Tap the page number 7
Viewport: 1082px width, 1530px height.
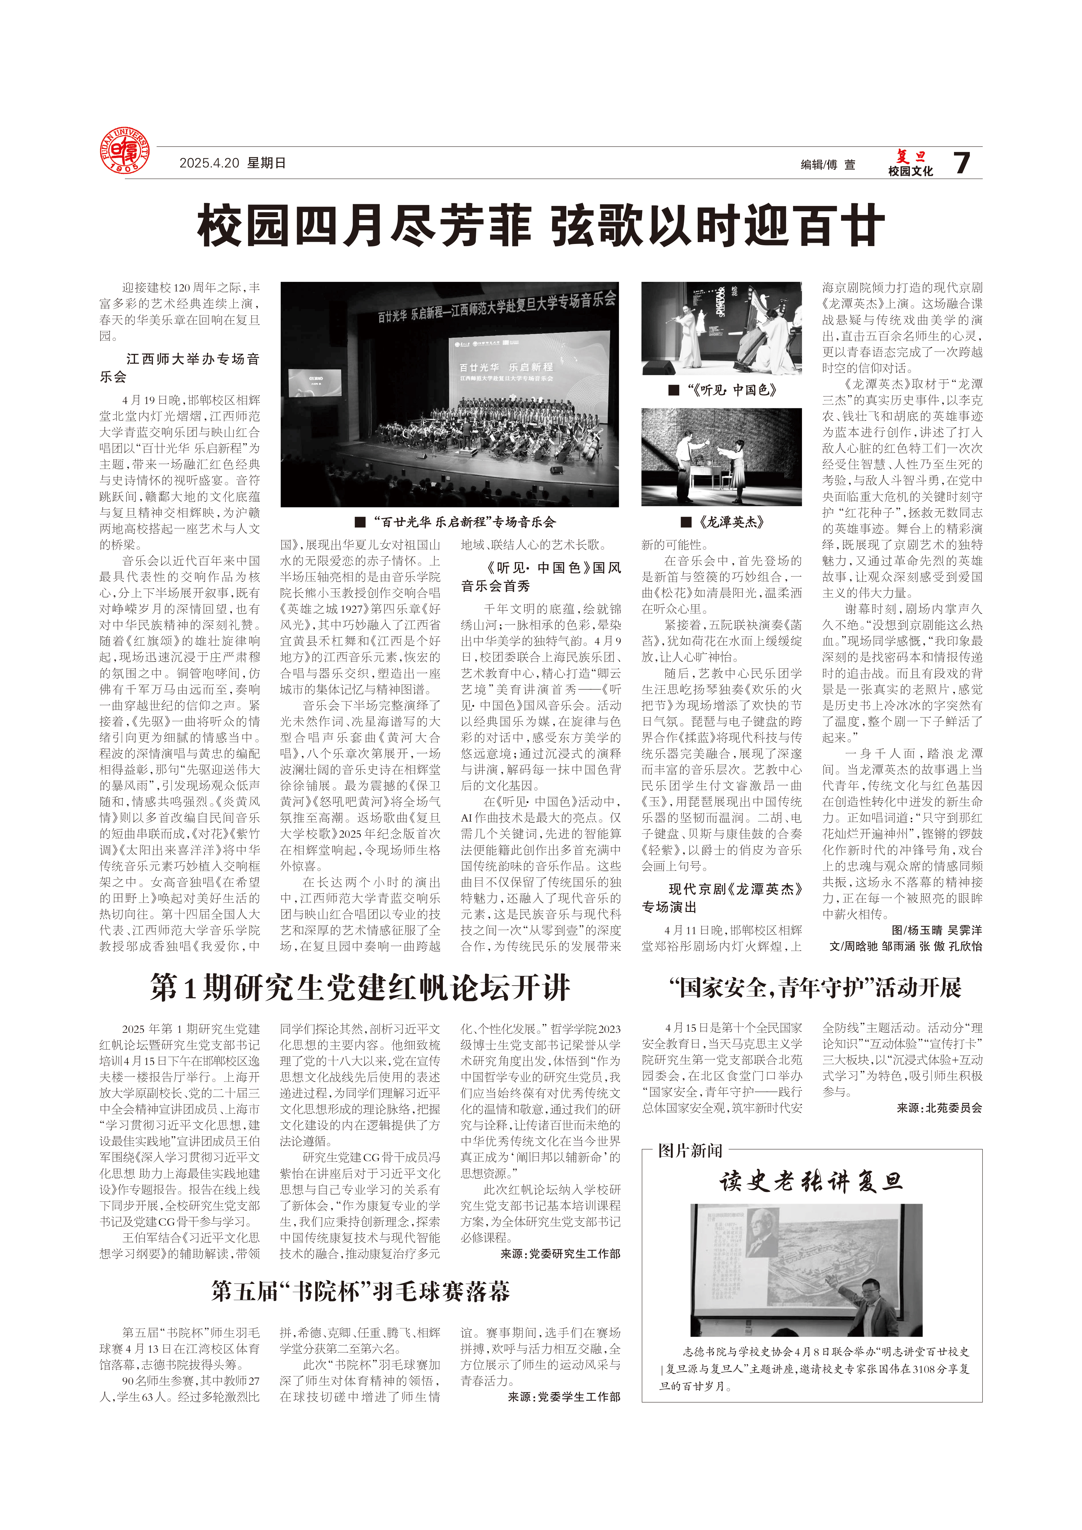pyautogui.click(x=961, y=163)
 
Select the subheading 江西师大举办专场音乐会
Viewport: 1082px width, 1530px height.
pyautogui.click(x=180, y=368)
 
